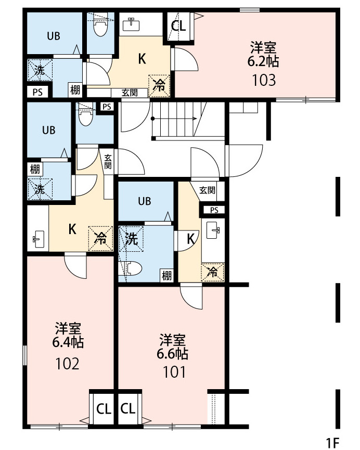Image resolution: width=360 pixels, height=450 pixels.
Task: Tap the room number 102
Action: [x=68, y=363]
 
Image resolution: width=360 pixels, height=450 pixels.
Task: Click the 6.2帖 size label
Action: [x=263, y=61]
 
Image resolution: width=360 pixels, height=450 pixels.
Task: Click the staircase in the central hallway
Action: [x=174, y=120]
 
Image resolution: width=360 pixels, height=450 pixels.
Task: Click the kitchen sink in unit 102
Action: [x=37, y=239]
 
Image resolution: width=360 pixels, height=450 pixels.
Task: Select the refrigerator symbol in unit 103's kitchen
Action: [x=160, y=85]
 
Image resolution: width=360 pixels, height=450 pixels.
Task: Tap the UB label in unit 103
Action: [x=54, y=36]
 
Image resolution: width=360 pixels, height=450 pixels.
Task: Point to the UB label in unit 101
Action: [x=145, y=201]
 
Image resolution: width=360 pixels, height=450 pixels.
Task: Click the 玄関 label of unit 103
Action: [x=130, y=93]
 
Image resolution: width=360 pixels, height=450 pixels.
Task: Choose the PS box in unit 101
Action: [x=214, y=210]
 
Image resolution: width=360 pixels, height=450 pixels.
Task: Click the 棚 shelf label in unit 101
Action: [x=166, y=276]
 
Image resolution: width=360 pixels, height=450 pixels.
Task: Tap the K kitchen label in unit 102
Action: [x=72, y=228]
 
